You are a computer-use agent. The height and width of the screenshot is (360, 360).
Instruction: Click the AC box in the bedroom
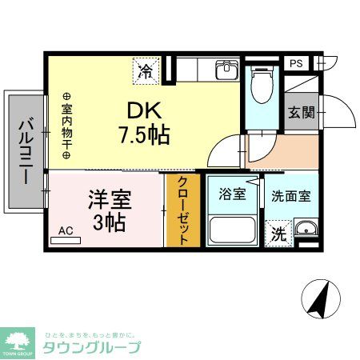click(x=66, y=231)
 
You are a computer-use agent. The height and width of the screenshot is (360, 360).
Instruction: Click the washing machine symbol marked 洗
click(x=278, y=234)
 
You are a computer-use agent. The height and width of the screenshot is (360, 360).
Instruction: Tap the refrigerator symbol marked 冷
click(x=147, y=70)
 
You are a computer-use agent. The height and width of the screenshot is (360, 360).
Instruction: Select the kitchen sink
click(x=226, y=70)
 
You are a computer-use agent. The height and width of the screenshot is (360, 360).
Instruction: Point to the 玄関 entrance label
click(x=302, y=113)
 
